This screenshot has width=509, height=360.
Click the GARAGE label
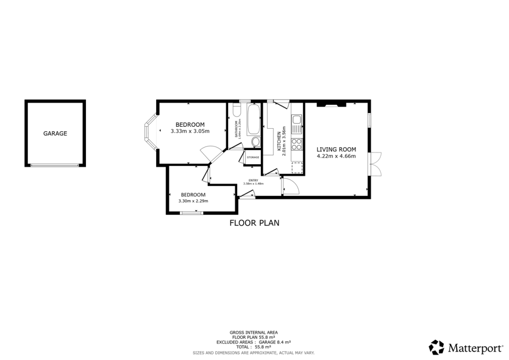(55, 133)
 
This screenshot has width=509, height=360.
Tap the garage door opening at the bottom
(55, 165)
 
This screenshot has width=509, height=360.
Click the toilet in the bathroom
(255, 143)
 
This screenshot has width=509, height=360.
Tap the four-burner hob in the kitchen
(297, 145)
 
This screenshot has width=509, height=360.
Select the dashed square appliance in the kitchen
(298, 168)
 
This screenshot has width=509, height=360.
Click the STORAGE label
(253, 158)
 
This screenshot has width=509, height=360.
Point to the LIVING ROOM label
(336, 149)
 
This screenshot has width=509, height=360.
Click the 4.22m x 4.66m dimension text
(336, 156)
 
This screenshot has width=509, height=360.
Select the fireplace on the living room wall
(331, 105)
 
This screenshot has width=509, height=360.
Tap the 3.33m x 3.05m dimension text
(190, 131)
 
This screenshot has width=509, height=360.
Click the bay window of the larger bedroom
(149, 132)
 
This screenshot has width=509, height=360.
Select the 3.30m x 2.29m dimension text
(193, 201)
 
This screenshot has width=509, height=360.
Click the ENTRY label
(253, 180)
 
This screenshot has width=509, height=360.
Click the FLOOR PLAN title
(254, 223)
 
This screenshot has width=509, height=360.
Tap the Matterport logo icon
(436, 347)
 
